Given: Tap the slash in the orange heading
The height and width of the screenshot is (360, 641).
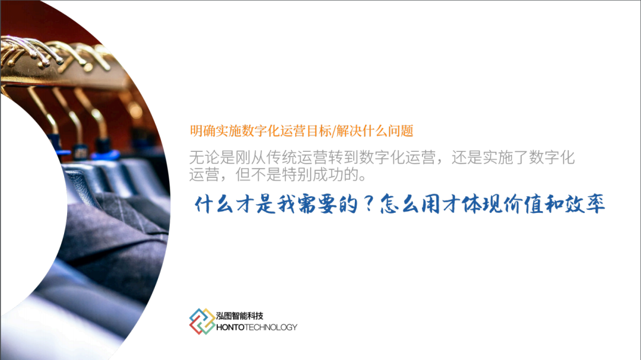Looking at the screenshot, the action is pyautogui.click(x=334, y=131).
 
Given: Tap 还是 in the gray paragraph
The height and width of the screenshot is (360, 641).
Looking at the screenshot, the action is pyautogui.click(x=467, y=158).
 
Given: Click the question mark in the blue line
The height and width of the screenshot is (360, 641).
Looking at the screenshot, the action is pyautogui.click(x=369, y=203).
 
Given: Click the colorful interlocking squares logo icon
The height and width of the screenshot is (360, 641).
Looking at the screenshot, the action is pyautogui.click(x=202, y=321).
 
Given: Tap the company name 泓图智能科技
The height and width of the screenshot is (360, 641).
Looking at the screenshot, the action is pyautogui.click(x=240, y=316).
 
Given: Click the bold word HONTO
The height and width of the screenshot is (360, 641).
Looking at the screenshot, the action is pyautogui.click(x=230, y=327).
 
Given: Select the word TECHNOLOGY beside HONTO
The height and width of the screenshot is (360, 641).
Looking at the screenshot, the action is pyautogui.click(x=271, y=327).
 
